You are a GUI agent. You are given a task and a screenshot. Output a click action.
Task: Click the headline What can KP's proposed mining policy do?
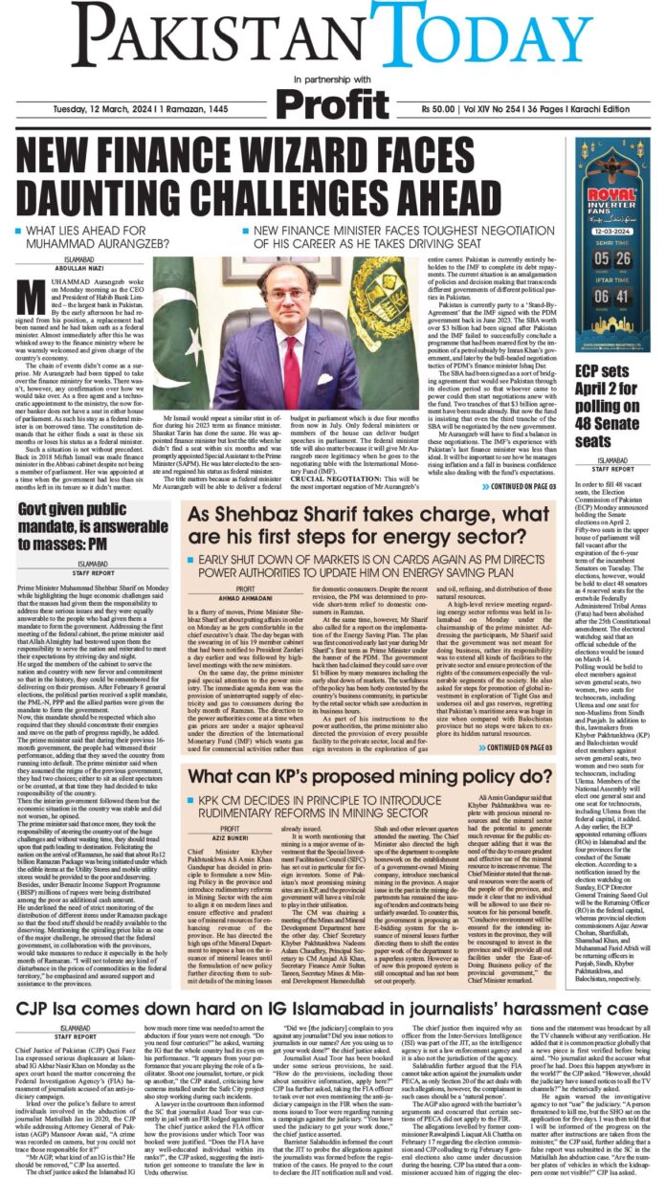pyautogui.click(x=376, y=776)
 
